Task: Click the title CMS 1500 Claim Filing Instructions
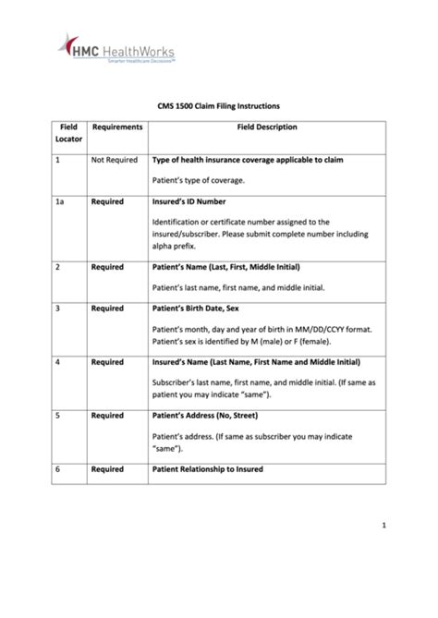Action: (x=219, y=106)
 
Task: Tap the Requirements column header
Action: (x=116, y=127)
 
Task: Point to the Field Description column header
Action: (x=267, y=127)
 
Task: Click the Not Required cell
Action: (x=114, y=160)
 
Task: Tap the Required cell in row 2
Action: (x=107, y=267)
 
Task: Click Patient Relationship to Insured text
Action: (x=207, y=469)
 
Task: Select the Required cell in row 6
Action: (x=107, y=469)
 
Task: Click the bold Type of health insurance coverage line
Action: (x=247, y=160)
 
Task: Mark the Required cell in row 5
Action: (x=107, y=416)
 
